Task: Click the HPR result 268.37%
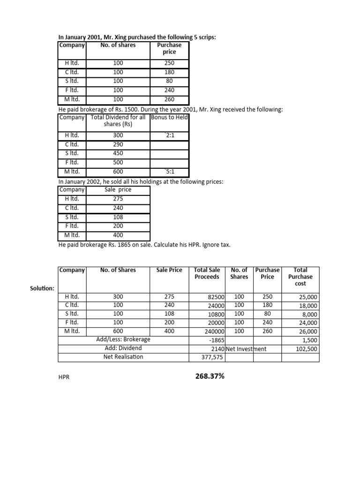(207, 376)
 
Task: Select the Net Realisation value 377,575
(213, 357)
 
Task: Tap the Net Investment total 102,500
(305, 349)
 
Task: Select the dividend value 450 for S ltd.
(118, 153)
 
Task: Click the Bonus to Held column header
(169, 117)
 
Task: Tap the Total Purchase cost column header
(300, 277)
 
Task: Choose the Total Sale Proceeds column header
(207, 273)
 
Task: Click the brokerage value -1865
(217, 340)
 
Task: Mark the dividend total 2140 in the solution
(218, 349)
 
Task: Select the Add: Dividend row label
(123, 348)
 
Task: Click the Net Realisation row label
(123, 357)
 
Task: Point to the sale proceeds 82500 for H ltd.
(216, 297)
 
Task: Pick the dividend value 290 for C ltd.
(118, 144)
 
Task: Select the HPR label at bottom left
(64, 377)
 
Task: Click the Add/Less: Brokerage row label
(123, 339)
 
